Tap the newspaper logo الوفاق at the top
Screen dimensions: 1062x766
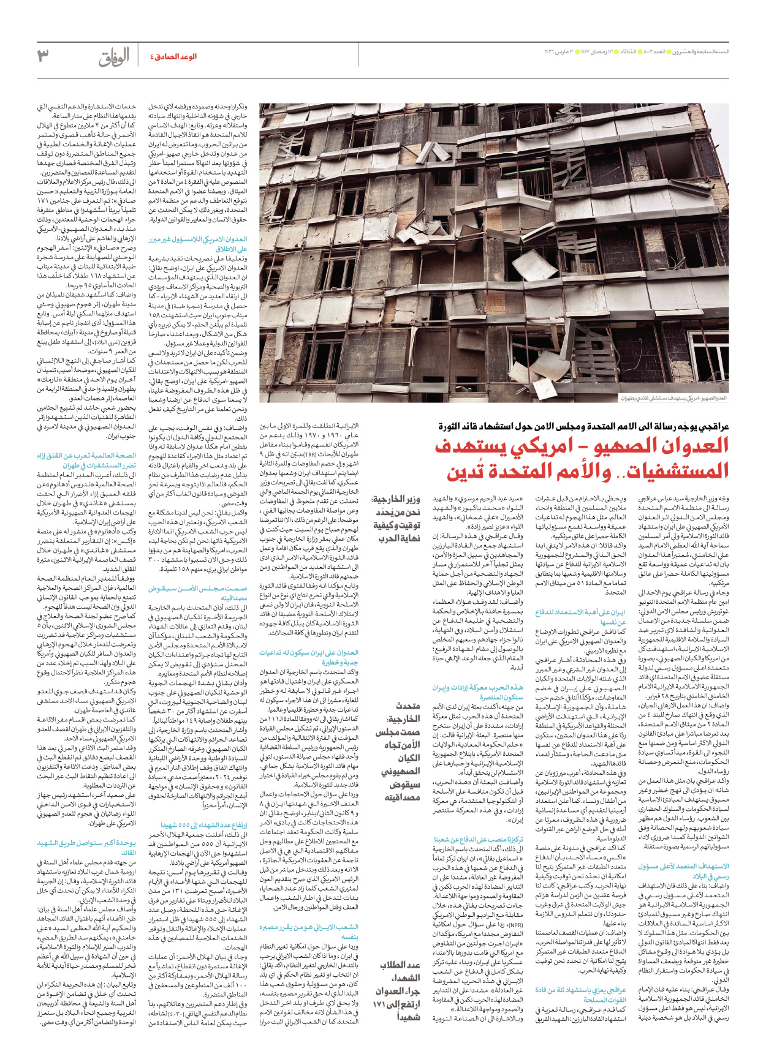click(114, 58)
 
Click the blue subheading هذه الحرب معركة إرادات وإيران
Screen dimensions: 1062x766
click(477, 688)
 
